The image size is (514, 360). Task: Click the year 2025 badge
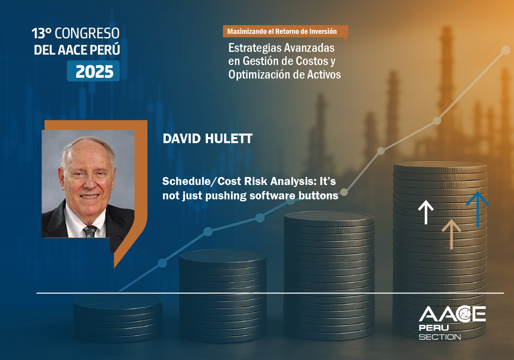(x=93, y=71)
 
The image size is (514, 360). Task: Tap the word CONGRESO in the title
(x=87, y=33)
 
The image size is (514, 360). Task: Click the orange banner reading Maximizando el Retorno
(x=285, y=31)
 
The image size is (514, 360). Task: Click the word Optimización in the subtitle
(x=258, y=75)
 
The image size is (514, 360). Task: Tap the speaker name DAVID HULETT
(x=208, y=139)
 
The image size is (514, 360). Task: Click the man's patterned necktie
(x=90, y=232)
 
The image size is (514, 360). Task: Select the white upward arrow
(x=426, y=212)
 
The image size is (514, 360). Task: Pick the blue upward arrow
(x=477, y=209)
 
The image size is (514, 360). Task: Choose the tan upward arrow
(x=451, y=234)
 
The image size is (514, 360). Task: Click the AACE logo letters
(x=452, y=314)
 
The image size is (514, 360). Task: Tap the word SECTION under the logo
(x=439, y=337)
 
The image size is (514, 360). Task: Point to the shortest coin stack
(x=118, y=318)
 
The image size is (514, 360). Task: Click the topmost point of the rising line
(x=506, y=50)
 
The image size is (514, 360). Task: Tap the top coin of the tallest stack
(x=440, y=167)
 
